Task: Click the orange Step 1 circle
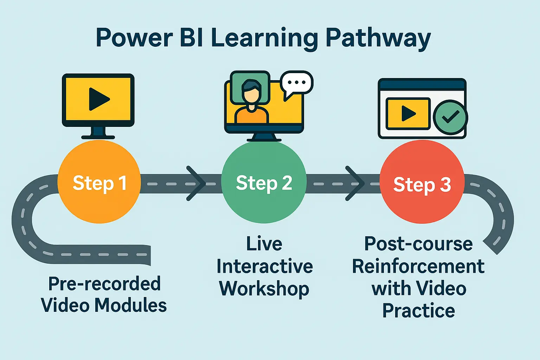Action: pyautogui.click(x=99, y=182)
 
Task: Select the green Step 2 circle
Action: pyautogui.click(x=264, y=182)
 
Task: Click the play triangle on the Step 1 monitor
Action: pyautogui.click(x=98, y=99)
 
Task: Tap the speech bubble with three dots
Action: pyautogui.click(x=296, y=83)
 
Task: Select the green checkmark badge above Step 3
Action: pyautogui.click(x=450, y=117)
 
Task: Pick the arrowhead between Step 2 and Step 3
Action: pyautogui.click(x=354, y=183)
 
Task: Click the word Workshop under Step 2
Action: pyautogui.click(x=264, y=289)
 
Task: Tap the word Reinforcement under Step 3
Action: pyautogui.click(x=418, y=266)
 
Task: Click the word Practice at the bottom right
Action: pyautogui.click(x=418, y=311)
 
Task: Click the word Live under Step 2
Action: pyautogui.click(x=264, y=244)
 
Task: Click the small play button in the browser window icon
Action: pyautogui.click(x=408, y=114)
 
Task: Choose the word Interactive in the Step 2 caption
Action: pyautogui.click(x=264, y=266)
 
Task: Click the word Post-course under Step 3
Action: pyautogui.click(x=418, y=244)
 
